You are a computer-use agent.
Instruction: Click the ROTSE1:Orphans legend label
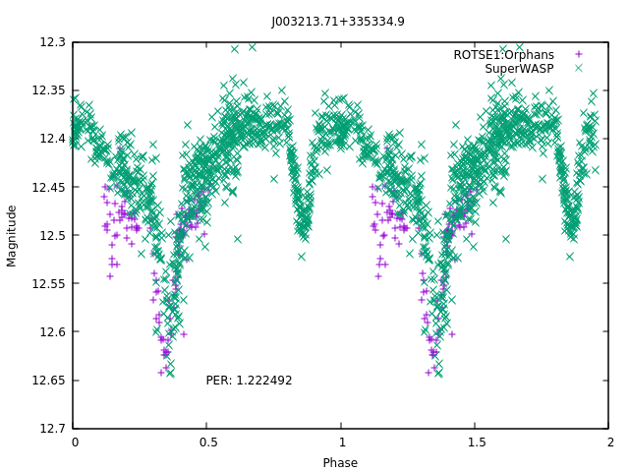click(503, 55)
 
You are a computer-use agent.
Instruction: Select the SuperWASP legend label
click(519, 69)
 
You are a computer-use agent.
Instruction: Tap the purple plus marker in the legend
click(579, 55)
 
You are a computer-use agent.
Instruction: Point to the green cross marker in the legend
click(579, 69)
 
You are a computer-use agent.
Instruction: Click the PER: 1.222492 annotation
click(249, 381)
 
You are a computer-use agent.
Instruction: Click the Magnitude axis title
click(13, 235)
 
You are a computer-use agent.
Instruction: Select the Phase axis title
click(341, 463)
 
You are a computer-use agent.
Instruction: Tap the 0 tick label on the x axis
click(75, 443)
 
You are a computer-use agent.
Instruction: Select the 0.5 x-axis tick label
click(207, 443)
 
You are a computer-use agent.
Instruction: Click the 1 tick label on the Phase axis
click(341, 443)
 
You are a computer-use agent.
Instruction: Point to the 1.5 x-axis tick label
click(475, 443)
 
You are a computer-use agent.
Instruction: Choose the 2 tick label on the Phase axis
click(608, 443)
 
